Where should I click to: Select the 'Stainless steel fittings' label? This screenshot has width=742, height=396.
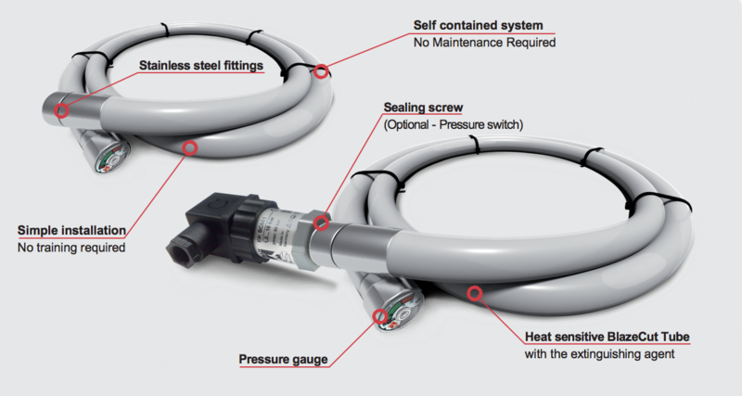201,66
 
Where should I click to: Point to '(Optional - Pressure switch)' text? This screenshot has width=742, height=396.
453,123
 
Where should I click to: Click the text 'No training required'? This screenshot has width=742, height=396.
71,248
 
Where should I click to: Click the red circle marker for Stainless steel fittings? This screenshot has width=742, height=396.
62,111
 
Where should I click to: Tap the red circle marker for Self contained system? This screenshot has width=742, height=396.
321,71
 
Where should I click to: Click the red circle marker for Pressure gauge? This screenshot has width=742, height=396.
381,317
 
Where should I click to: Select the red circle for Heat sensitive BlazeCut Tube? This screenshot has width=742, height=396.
474,294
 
